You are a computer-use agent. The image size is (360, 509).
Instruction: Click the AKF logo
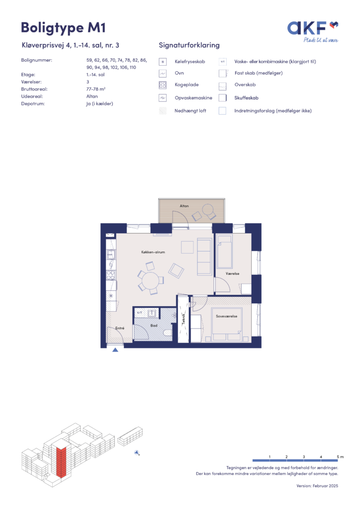pyautogui.click(x=312, y=31)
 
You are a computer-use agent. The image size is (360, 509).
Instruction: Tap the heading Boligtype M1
pyautogui.click(x=63, y=28)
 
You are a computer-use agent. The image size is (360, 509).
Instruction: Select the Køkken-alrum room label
pyautogui.click(x=153, y=252)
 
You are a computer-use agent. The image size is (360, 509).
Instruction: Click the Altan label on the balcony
pyautogui.click(x=184, y=206)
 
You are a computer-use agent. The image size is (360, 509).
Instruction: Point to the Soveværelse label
pyautogui.click(x=227, y=316)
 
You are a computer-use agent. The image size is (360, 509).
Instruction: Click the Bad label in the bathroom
pyautogui.click(x=154, y=325)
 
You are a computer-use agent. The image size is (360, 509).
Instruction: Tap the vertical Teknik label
pyautogui.click(x=183, y=319)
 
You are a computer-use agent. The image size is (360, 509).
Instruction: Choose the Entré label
pyautogui.click(x=120, y=328)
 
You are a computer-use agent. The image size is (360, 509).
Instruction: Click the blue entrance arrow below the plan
pyautogui.click(x=115, y=349)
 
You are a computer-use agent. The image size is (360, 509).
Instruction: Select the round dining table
pyautogui.click(x=150, y=280)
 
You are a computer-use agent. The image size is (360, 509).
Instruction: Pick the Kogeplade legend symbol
pyautogui.click(x=163, y=85)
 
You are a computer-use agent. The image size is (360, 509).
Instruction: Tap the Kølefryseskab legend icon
pyautogui.click(x=163, y=62)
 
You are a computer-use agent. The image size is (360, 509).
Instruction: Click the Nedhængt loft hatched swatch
pyautogui.click(x=163, y=111)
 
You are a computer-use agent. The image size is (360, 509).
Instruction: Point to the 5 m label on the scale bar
pyautogui.click(x=340, y=457)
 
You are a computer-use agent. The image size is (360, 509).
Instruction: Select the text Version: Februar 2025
pyautogui.click(x=317, y=486)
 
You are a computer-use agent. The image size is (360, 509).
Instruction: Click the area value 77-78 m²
pyautogui.click(x=96, y=89)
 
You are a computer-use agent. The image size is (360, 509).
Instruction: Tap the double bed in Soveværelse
pyautogui.click(x=227, y=324)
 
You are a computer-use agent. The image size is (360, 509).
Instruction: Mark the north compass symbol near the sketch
pyautogui.click(x=137, y=453)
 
